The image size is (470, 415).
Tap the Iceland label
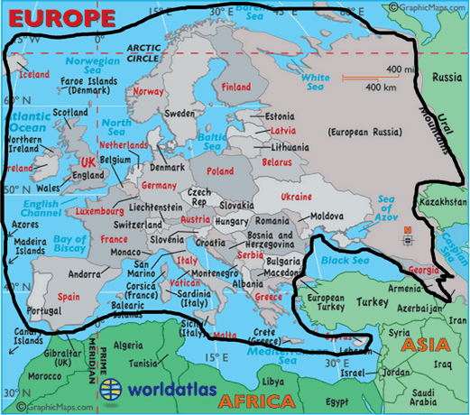tap(34, 74)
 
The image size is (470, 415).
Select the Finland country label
tap(235, 88)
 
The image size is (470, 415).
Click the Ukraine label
tap(296, 196)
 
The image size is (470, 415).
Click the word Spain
tap(69, 296)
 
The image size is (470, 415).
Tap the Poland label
tap(219, 171)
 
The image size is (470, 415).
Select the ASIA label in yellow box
tap(425, 345)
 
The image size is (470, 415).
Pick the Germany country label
tap(159, 185)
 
